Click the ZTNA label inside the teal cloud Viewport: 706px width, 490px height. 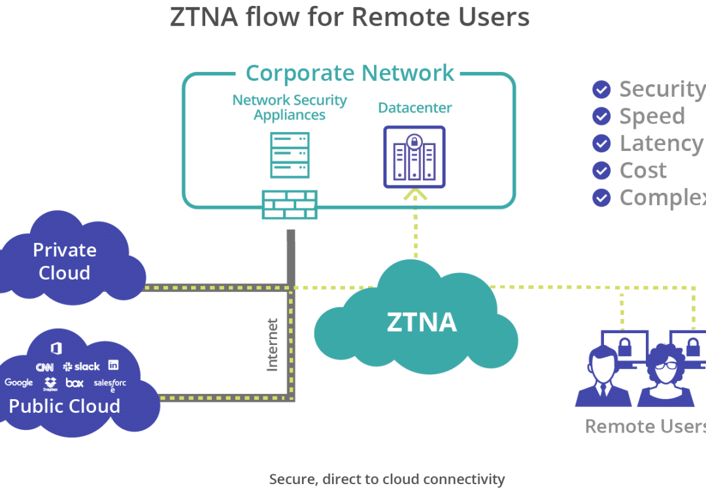(x=422, y=322)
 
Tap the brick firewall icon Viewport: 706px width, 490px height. (x=290, y=204)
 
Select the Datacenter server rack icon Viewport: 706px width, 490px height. (x=414, y=157)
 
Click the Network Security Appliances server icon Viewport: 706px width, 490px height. (x=290, y=155)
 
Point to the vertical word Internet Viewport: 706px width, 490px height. (x=273, y=344)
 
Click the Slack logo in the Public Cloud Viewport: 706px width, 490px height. (x=82, y=367)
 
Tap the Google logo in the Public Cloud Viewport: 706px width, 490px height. (x=18, y=382)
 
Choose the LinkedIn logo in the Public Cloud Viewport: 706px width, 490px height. (x=114, y=365)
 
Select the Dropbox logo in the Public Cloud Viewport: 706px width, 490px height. (x=50, y=384)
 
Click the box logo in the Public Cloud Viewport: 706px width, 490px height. (x=75, y=383)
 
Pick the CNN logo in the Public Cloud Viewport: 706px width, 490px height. (x=44, y=367)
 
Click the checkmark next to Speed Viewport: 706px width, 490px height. (x=601, y=116)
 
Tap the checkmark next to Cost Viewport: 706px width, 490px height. (x=601, y=171)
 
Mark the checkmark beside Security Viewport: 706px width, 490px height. (x=601, y=89)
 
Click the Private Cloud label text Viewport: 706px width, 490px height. (x=64, y=261)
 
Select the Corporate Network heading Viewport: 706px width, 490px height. (x=350, y=73)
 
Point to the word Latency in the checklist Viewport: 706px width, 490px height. (x=661, y=143)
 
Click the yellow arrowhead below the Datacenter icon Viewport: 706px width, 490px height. (x=414, y=193)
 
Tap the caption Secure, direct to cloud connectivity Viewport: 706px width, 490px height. (x=387, y=479)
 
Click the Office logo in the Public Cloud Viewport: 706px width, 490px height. (x=56, y=348)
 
